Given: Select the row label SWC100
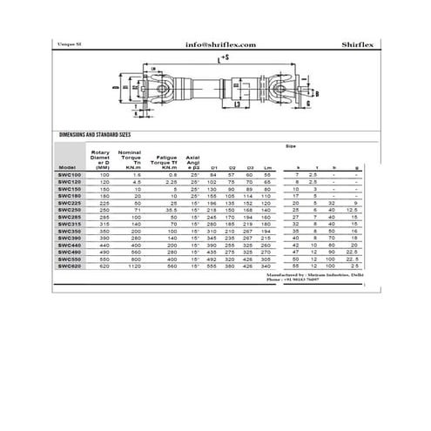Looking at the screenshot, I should pos(71,175).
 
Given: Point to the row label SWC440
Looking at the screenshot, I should pos(71,244).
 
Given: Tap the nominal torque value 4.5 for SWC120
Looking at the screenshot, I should pos(137,182).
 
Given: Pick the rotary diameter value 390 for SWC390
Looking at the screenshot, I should pos(105,237).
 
